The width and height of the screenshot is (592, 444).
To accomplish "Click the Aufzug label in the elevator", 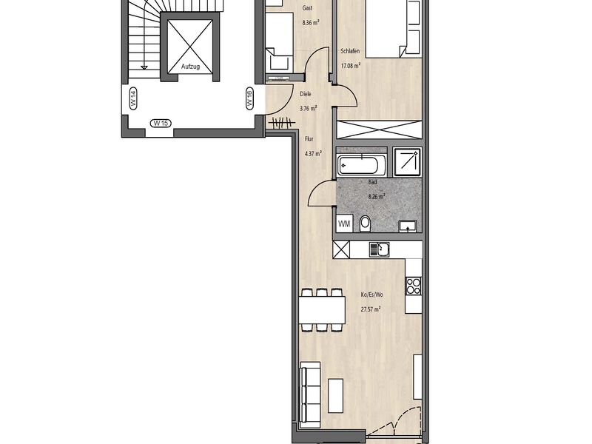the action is coord(191,67).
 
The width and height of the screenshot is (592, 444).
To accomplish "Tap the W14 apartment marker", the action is coord(133,99).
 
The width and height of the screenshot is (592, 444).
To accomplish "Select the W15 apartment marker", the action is coord(161,123).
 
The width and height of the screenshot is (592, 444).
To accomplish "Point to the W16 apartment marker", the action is coord(249,99).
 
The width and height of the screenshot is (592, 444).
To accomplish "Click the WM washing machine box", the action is coord(344,224).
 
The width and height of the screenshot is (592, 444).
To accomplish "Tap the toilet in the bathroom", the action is coord(365,223).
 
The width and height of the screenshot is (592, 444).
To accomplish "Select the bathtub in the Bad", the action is coord(361,165).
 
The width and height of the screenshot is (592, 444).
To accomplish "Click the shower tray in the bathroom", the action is coord(407,162).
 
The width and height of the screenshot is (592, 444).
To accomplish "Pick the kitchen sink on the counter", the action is coord(380,249).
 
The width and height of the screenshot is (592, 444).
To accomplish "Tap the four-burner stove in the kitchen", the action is coord(414,286).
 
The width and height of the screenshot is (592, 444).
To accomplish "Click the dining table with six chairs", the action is coord(322,310).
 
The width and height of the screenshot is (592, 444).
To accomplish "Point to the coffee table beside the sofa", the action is coord(335,395).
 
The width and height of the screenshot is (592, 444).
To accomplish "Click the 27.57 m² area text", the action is coord(371,309).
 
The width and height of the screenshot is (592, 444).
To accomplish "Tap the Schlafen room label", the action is coord(350,51).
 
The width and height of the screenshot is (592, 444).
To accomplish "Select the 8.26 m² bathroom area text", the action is coord(377,196).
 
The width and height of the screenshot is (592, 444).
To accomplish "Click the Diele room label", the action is coord(306,94).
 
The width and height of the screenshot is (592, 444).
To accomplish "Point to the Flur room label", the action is coord(309,139).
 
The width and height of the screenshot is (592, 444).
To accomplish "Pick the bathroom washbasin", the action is coord(408,226).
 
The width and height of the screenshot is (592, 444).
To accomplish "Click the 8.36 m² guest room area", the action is coord(311,23).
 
